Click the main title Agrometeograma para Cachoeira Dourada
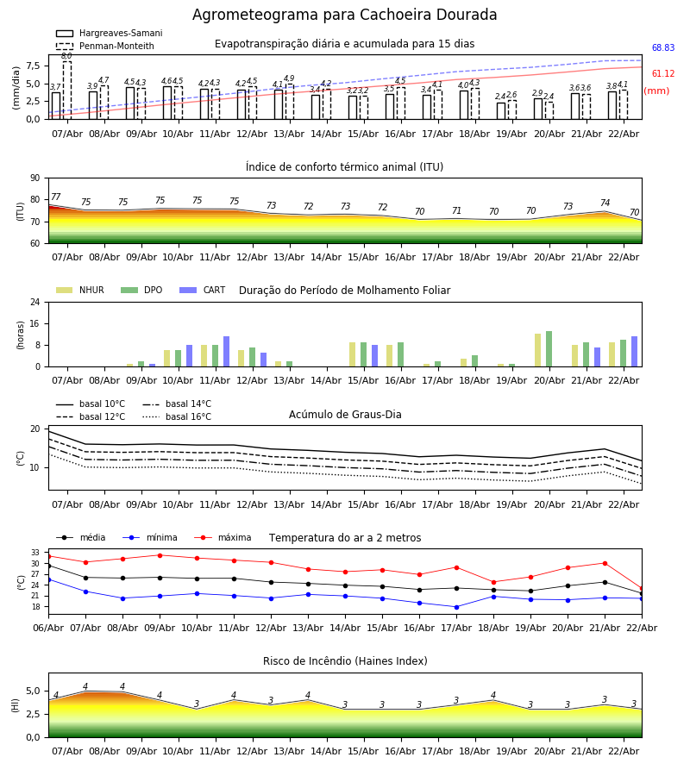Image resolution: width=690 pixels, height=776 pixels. pos(344,16)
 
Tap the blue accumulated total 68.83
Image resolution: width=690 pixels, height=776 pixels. pos(662,49)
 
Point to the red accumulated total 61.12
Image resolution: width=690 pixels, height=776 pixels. pos(662,75)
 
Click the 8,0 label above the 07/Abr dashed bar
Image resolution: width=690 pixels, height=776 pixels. pos(66,56)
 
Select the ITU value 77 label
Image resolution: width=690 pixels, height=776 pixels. pos(56,197)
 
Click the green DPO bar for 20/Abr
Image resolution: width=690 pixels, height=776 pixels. pos(549,349)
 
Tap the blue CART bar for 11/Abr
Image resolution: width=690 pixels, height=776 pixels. pos(227,352)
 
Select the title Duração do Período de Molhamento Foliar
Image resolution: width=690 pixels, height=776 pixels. pos(344,291)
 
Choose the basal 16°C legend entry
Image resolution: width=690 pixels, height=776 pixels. pos(188,417)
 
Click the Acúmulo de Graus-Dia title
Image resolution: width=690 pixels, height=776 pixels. pos(345,415)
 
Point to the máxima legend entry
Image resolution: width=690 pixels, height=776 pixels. pos(234,538)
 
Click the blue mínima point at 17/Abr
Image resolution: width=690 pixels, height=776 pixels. pos(456,607)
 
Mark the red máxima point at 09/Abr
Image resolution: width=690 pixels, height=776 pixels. pos(160,555)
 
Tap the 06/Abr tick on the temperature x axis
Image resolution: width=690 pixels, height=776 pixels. pos(48,627)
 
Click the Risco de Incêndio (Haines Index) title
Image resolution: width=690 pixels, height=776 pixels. pos(345,661)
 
